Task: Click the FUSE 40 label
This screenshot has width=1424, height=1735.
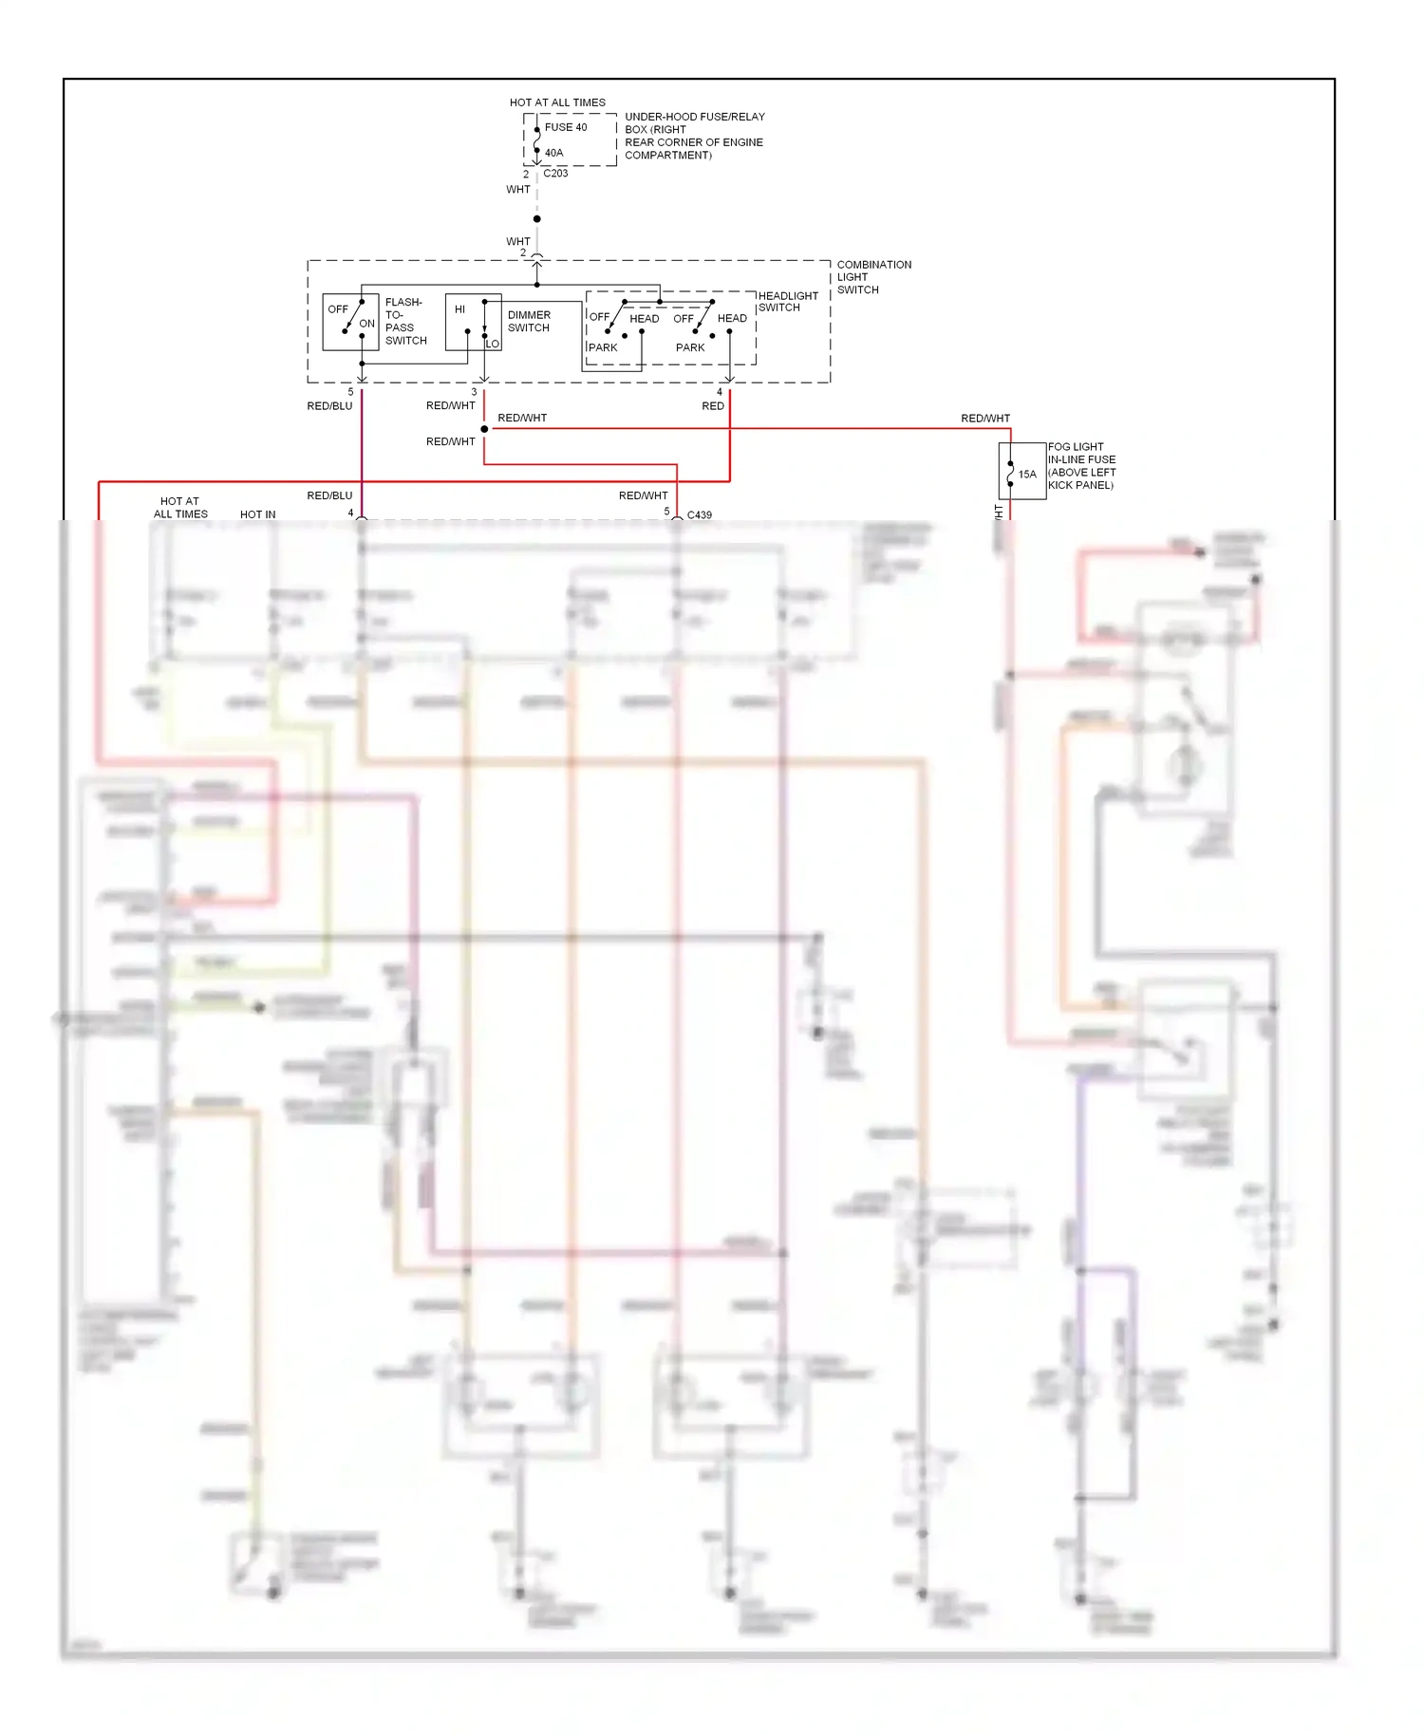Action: coord(566,127)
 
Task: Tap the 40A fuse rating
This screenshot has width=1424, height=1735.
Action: coord(554,153)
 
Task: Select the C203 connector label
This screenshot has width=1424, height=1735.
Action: coord(555,174)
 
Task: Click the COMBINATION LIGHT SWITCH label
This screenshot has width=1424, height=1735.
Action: coord(873,277)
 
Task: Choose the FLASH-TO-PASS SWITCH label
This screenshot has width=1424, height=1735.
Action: coord(405,322)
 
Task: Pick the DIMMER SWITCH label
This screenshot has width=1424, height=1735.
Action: coord(529,322)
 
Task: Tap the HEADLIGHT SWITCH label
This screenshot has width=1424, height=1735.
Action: coord(788,302)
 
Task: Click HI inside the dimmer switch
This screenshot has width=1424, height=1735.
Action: coord(460,309)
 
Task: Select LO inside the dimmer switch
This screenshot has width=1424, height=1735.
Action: coord(493,344)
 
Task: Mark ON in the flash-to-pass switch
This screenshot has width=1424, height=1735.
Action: coord(367,324)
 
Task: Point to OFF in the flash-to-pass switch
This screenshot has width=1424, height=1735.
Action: coord(338,309)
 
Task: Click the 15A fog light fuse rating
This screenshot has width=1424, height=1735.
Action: coord(1027,475)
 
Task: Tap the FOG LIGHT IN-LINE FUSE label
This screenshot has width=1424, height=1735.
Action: coord(1081,466)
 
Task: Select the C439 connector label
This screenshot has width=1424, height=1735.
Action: coord(700,515)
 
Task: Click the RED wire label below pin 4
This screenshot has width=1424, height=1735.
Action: coord(713,406)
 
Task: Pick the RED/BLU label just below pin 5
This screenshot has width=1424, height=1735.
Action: coord(329,406)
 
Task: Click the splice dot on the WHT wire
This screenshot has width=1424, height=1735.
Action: coord(537,219)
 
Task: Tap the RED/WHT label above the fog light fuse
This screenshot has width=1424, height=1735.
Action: coord(985,419)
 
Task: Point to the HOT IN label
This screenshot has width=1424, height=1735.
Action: coord(258,514)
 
